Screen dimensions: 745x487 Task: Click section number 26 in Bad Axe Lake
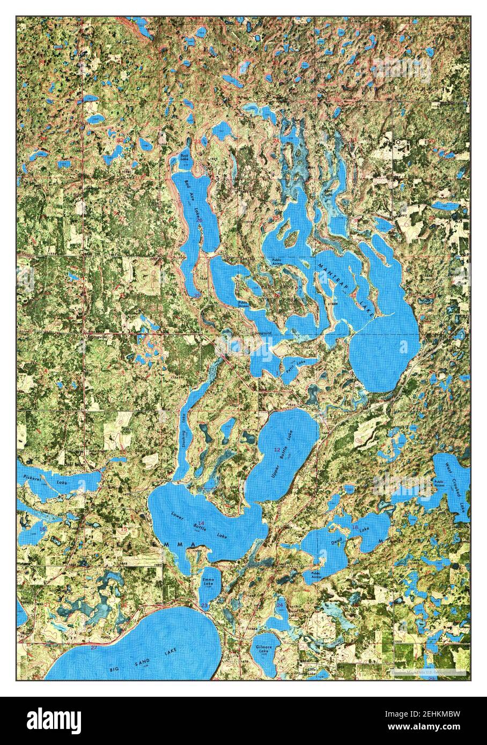point(199,220)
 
